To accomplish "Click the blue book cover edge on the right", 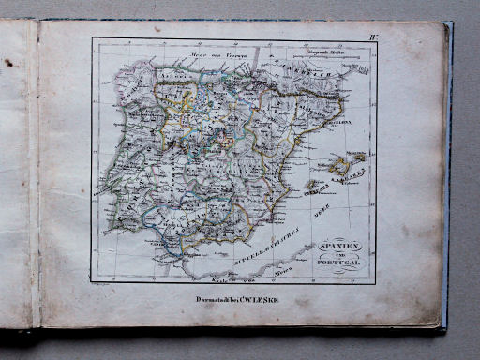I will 447,178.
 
